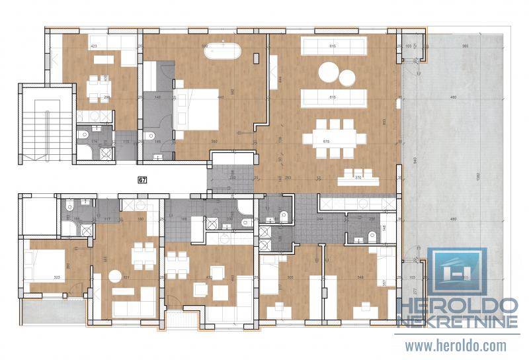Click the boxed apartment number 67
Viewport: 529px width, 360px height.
click(142, 179)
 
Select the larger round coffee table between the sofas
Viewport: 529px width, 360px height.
click(329, 71)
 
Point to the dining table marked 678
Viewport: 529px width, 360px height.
click(333, 140)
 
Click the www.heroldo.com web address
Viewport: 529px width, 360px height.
click(456, 345)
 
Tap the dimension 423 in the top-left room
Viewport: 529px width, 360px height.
click(93, 46)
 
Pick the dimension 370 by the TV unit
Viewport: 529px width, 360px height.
click(358, 178)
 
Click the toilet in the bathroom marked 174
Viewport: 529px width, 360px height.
click(83, 136)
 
